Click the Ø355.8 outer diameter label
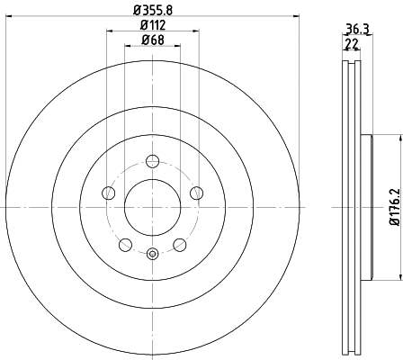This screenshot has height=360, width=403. [x=153, y=10]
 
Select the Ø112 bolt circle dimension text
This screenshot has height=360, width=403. [x=153, y=25]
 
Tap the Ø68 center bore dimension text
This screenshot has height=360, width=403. [x=153, y=40]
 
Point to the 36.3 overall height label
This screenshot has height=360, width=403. [x=357, y=29]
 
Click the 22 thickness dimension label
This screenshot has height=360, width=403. [x=352, y=44]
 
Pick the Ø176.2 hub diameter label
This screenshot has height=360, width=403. [x=395, y=207]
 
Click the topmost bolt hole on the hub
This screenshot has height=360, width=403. [x=152, y=161]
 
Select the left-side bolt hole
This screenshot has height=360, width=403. [x=109, y=193]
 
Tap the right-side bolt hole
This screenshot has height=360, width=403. [x=196, y=193]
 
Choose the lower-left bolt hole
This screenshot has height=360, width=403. [x=125, y=245]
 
